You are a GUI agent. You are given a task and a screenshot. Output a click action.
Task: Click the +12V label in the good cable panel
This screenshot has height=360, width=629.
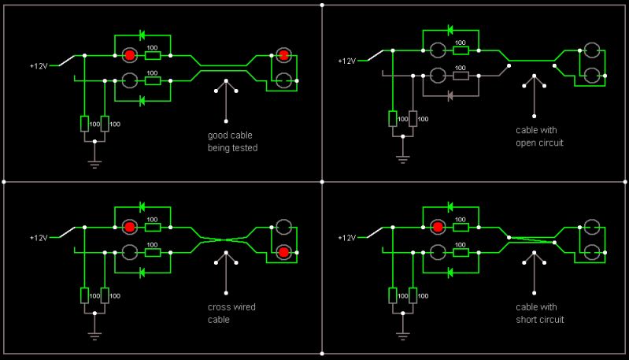click(39, 66)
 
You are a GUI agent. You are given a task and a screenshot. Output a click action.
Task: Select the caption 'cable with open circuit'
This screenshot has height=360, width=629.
click(539, 137)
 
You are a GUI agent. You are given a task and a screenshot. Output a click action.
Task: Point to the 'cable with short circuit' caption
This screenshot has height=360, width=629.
click(539, 314)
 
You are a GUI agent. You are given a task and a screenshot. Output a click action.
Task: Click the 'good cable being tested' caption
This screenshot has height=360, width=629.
click(232, 142)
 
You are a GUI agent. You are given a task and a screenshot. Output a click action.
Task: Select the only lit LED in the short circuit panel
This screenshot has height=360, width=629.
click(437, 228)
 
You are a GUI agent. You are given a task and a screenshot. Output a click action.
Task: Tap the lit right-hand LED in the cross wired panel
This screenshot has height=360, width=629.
click(283, 252)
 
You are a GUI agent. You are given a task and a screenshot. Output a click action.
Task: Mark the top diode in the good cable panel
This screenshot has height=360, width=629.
click(142, 35)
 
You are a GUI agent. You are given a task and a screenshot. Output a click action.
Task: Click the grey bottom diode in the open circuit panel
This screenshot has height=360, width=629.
click(450, 96)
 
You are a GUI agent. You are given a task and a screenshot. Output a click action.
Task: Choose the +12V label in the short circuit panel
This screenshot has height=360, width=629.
click(346, 237)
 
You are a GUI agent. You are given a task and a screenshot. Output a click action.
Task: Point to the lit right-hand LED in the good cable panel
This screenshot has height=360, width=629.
click(283, 56)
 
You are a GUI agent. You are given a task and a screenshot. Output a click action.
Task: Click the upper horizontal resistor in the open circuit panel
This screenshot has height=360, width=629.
click(461, 50)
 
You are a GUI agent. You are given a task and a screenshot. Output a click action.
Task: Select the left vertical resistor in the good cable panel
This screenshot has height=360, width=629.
click(84, 123)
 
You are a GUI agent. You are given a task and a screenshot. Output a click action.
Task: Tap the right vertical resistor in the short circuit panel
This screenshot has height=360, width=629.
click(413, 295)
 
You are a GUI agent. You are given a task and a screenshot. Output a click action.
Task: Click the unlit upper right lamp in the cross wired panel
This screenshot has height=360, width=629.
click(283, 228)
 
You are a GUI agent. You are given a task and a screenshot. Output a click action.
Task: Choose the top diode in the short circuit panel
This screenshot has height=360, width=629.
click(450, 206)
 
